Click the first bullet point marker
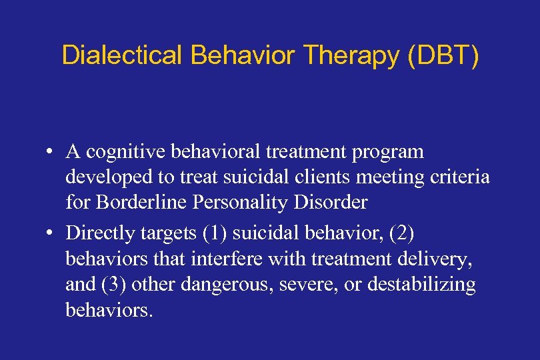click(x=50, y=153)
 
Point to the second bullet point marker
click(x=50, y=235)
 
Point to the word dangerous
click(x=233, y=285)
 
